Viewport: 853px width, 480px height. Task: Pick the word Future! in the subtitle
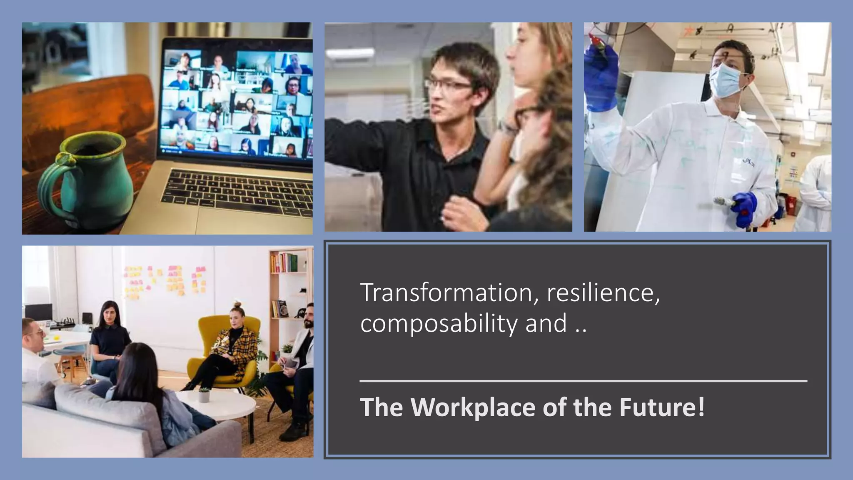click(662, 407)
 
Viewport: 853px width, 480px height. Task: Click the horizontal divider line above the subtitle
click(583, 381)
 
